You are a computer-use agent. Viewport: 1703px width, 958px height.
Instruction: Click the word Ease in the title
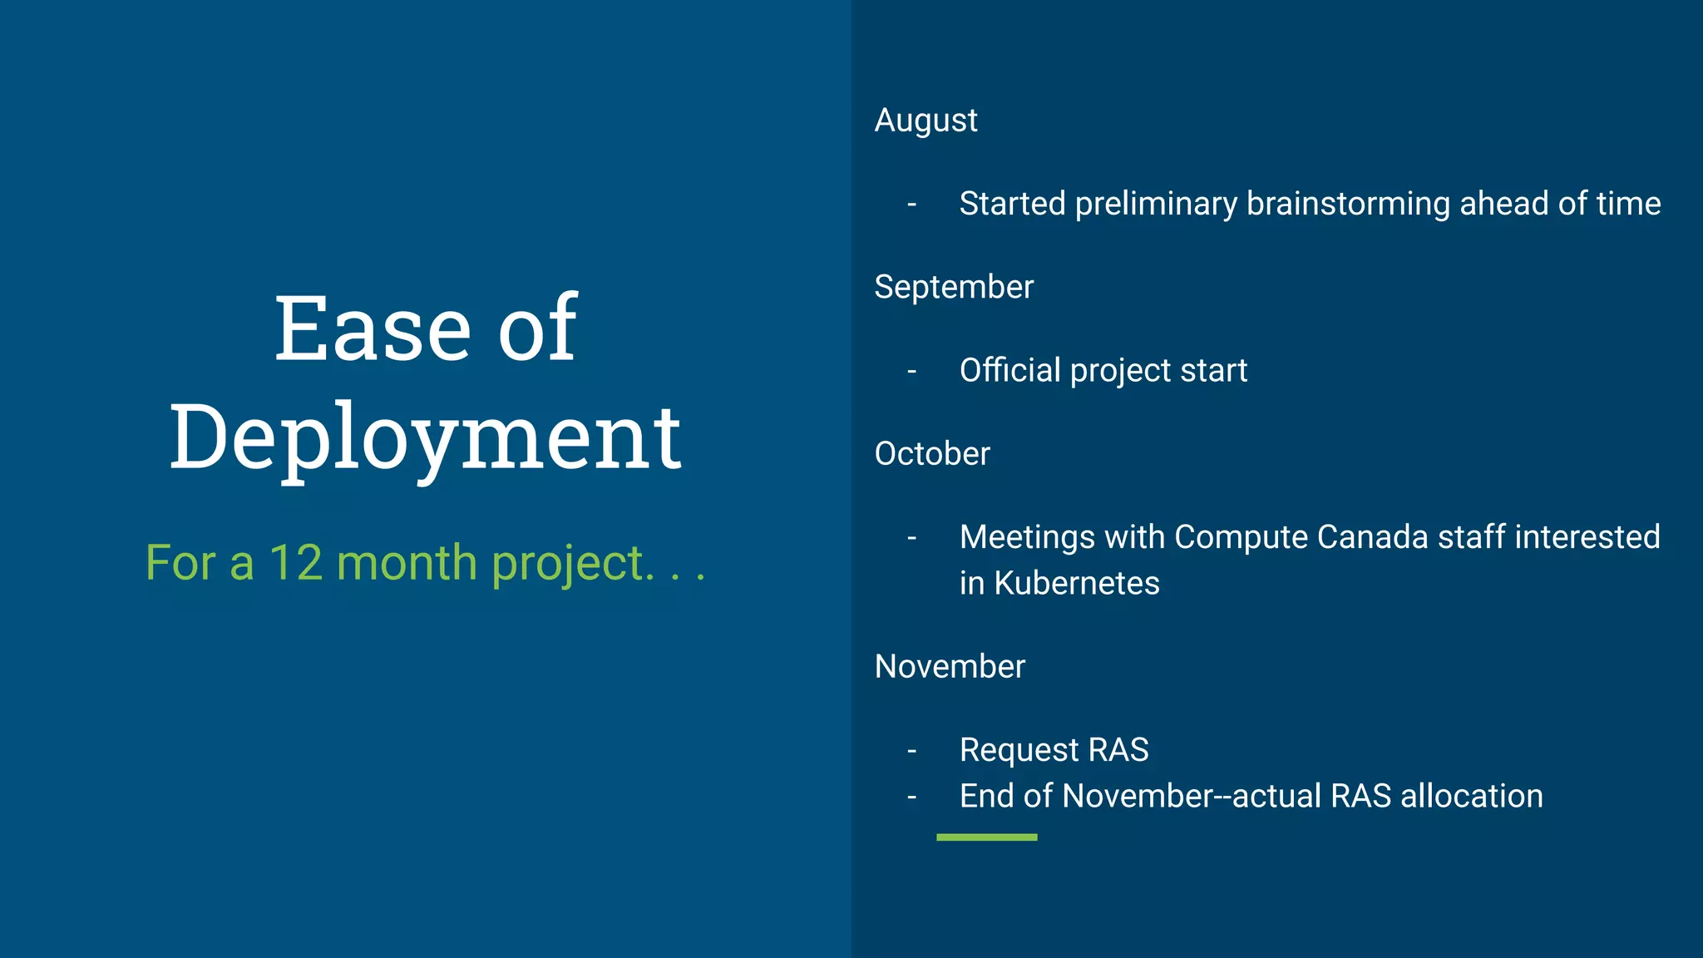(x=373, y=329)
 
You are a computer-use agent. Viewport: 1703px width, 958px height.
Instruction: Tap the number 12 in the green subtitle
(x=295, y=563)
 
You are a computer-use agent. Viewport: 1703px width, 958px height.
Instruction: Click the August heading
(x=926, y=121)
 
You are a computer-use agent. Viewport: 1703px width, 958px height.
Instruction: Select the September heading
(x=954, y=288)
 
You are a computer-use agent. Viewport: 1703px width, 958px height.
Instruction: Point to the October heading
(x=932, y=454)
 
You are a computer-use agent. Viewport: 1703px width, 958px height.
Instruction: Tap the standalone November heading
(x=950, y=667)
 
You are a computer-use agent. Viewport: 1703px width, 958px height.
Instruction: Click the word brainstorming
(x=1348, y=205)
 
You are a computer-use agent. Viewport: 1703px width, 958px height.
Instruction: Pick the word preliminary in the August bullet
(x=1156, y=205)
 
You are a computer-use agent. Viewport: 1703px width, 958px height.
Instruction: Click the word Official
(x=1009, y=371)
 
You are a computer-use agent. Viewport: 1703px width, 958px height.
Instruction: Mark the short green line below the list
(x=986, y=837)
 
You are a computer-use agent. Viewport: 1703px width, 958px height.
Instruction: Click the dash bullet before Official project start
(x=912, y=372)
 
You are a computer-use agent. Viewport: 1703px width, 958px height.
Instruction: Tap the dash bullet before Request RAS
(x=912, y=751)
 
